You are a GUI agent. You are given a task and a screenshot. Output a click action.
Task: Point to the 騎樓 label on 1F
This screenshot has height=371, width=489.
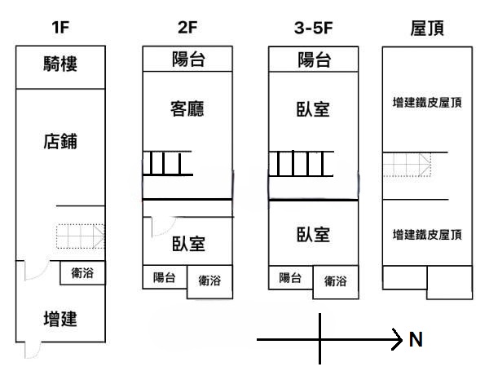coord(60,66)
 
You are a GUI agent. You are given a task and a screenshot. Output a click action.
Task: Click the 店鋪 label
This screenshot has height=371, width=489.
coord(59,141)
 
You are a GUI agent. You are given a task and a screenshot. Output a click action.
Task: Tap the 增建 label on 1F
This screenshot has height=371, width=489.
coord(59,318)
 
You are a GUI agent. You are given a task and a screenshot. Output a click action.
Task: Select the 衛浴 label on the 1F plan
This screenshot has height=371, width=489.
coord(82,274)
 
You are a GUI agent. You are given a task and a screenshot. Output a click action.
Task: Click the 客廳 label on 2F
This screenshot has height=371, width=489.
coord(187,109)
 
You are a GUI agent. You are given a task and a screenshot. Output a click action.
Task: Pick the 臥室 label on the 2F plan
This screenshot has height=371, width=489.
coord(187,243)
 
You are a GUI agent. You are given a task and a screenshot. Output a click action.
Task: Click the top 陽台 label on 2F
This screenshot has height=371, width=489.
coord(187,60)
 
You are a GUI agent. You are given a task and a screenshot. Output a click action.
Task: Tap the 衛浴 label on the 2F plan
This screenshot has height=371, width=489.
coord(209,281)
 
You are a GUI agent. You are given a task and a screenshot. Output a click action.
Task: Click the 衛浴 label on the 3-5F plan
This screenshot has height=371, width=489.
coord(335,281)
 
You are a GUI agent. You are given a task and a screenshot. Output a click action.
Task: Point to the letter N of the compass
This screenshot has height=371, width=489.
coord(416,340)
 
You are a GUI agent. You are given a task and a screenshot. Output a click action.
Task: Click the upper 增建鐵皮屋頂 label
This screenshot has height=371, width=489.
coord(427,103)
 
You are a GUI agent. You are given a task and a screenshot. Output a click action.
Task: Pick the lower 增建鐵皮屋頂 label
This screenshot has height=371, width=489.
coord(427,235)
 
